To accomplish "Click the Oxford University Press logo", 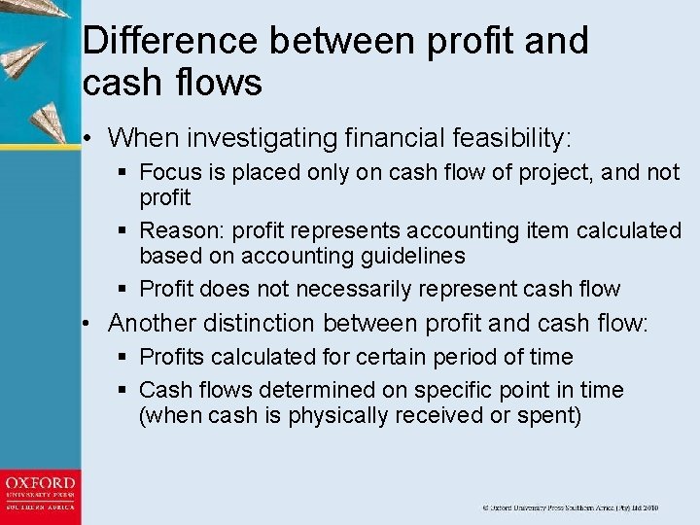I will (x=40, y=496).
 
